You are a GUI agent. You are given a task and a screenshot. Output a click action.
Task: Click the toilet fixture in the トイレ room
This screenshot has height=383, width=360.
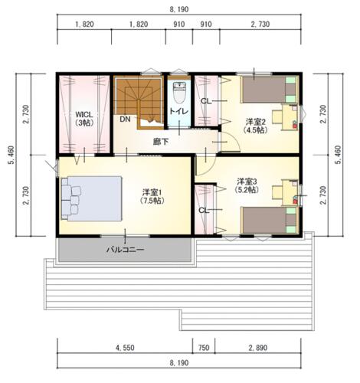(179, 92)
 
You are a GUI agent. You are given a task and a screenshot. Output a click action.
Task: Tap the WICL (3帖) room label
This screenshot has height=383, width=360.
(84, 119)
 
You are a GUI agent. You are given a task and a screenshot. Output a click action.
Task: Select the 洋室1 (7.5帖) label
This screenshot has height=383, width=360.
(152, 196)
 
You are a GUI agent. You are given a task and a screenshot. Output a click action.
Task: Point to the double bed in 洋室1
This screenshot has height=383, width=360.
(91, 198)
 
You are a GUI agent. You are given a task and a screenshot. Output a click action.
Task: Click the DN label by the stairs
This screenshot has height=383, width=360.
(125, 119)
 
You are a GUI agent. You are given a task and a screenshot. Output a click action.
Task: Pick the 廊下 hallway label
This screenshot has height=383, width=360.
(161, 142)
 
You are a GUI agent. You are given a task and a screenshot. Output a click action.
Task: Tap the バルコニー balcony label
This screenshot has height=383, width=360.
(126, 250)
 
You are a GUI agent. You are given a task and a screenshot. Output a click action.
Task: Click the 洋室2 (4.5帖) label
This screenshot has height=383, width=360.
(255, 126)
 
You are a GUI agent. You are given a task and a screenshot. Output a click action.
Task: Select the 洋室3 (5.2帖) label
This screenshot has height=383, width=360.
(247, 185)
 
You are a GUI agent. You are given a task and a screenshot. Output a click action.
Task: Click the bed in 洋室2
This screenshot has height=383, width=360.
(270, 90)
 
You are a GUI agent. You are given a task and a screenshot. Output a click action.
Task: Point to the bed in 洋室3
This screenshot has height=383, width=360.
(270, 220)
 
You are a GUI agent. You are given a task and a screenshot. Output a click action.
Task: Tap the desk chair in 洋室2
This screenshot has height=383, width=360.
(277, 116)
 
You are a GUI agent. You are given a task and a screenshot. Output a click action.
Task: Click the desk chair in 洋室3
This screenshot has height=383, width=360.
(277, 192)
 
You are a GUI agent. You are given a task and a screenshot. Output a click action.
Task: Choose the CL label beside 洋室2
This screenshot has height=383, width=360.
(206, 101)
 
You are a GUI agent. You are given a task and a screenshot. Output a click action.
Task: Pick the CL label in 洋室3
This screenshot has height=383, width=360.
(204, 211)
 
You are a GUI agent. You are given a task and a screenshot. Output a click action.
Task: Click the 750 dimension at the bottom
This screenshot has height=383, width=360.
(204, 348)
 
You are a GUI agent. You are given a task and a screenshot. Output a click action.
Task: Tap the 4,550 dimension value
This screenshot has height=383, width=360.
(125, 348)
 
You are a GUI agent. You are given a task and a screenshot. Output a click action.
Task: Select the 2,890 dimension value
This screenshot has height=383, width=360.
(258, 348)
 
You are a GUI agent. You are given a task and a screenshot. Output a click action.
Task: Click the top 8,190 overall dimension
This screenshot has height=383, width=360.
(179, 9)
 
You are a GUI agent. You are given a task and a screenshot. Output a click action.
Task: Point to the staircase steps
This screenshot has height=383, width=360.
(139, 102)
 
